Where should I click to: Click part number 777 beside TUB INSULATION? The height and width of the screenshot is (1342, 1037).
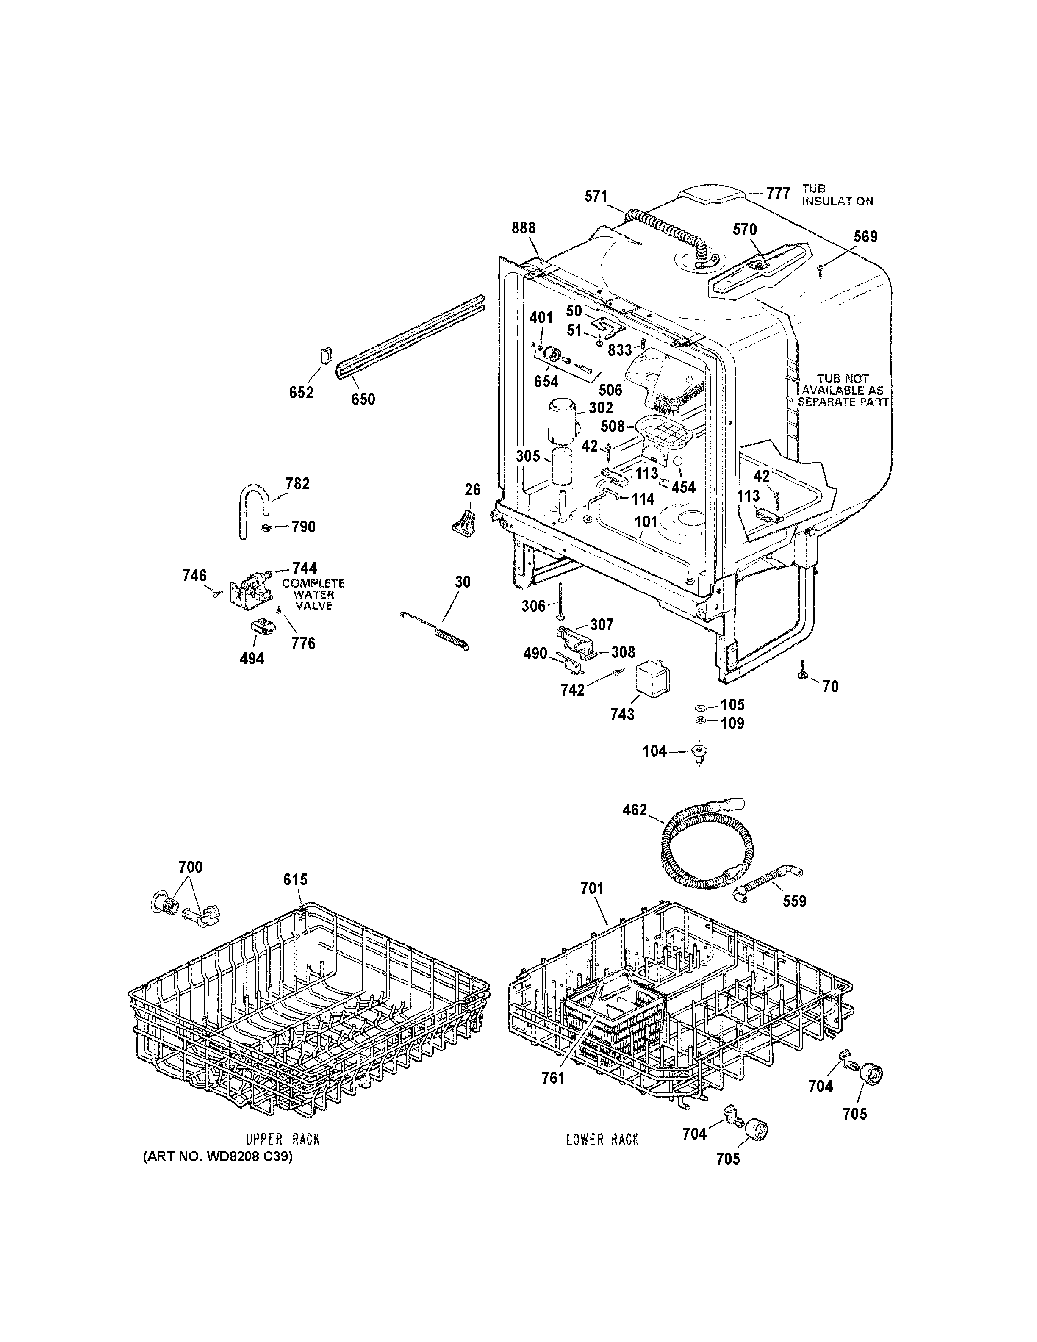778,194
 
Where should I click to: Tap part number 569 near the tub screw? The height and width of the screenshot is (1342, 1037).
865,236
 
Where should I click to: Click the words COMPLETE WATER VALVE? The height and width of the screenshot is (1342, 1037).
313,594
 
